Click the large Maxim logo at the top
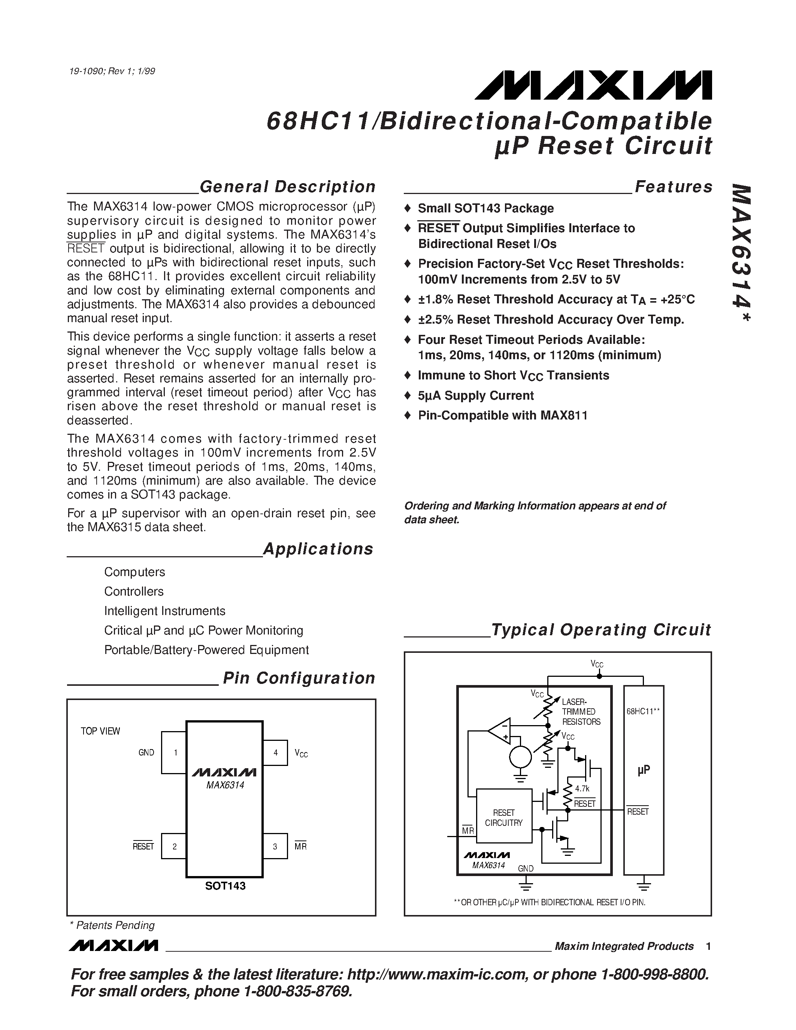coord(593,85)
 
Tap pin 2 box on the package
coord(174,846)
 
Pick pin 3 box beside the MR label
coord(275,846)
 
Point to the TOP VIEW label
coord(100,731)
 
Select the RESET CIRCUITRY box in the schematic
coord(503,817)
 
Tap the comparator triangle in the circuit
coord(500,731)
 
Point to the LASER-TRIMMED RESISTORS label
coord(581,712)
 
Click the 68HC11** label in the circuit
coord(643,711)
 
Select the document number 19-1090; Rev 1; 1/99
coord(112,71)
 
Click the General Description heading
coord(287,187)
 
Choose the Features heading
coord(674,187)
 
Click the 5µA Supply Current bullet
coord(475,395)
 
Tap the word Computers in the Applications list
coord(134,572)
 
